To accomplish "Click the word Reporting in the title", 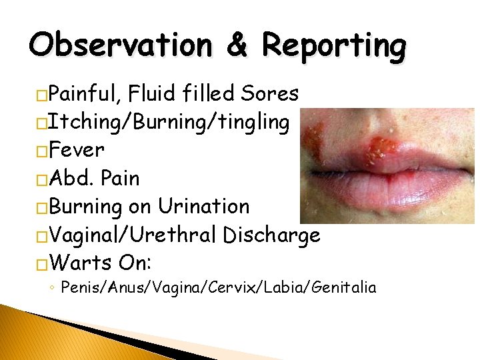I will [333, 46].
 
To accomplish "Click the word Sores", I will [271, 94].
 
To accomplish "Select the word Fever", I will [76, 150].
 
